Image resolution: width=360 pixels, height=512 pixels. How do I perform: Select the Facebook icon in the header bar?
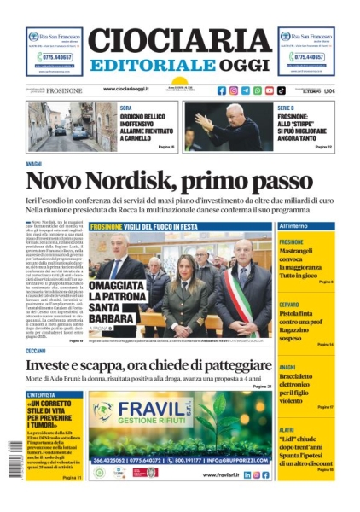point(222,90)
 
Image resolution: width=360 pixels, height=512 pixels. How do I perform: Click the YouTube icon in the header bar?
point(270,90)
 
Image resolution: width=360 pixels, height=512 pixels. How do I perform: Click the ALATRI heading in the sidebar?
point(287,430)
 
